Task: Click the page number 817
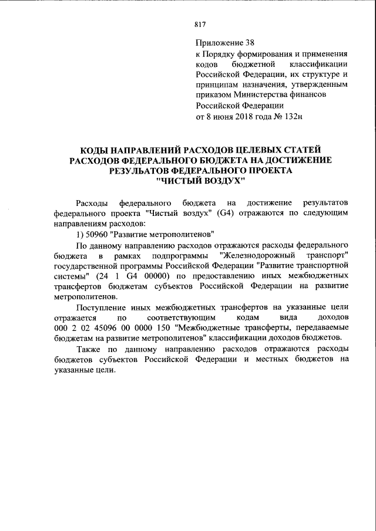[199, 25]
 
